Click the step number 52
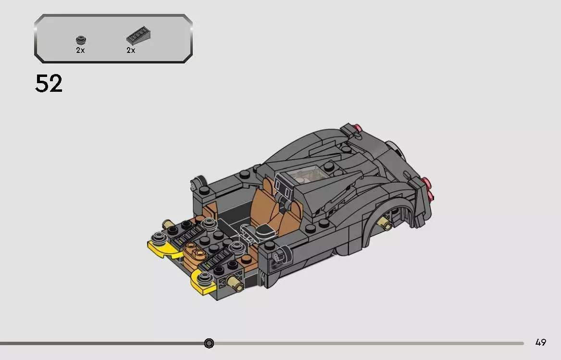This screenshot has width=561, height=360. (x=49, y=84)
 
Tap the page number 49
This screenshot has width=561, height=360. (x=540, y=343)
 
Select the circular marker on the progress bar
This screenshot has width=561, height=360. (x=209, y=343)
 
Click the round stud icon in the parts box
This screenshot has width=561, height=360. (x=80, y=40)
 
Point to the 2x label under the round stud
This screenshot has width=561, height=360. (x=80, y=50)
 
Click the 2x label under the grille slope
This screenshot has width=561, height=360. (x=131, y=50)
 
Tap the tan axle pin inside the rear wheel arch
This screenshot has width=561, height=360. (x=385, y=222)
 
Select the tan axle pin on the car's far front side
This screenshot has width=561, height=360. (x=169, y=223)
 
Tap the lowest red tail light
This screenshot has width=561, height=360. (x=430, y=195)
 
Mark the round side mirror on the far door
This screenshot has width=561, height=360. (x=195, y=183)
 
